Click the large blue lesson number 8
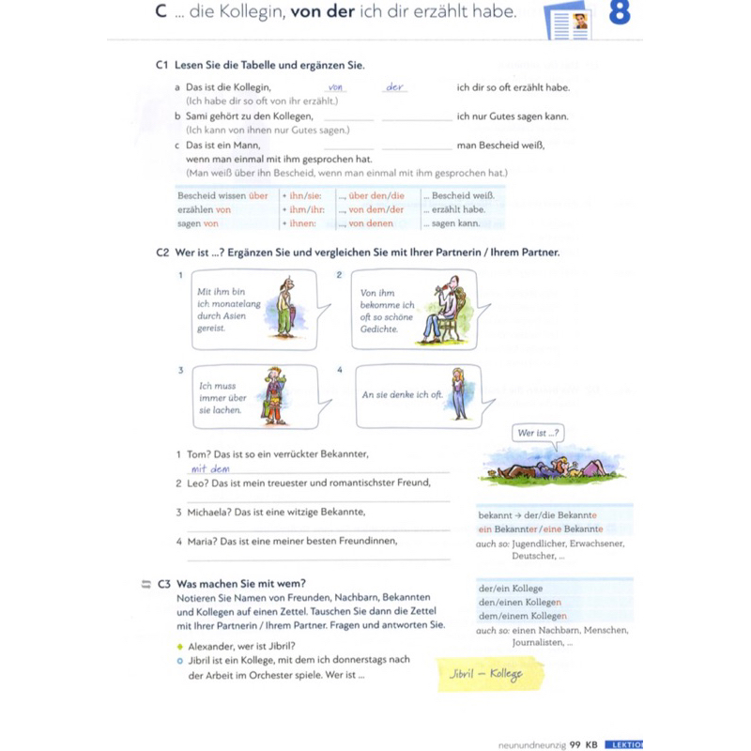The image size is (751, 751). pos(619,17)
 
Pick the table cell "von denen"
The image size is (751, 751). pos(372,224)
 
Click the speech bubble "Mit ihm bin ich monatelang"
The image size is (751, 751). pos(225,310)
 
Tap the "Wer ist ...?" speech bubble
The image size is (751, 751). pos(539,434)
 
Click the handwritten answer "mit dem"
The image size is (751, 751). pos(210,468)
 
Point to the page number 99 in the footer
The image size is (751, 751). pos(576,743)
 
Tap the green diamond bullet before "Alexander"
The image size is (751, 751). pos(179,647)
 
